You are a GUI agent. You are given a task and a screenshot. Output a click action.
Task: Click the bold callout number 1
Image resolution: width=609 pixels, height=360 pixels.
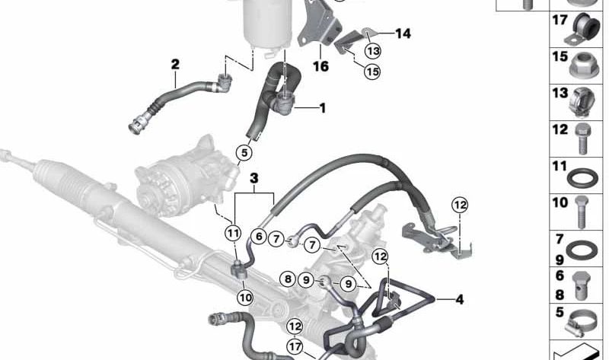coord(322,109)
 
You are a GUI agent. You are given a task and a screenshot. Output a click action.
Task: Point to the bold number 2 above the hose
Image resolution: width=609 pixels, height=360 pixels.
coord(175,65)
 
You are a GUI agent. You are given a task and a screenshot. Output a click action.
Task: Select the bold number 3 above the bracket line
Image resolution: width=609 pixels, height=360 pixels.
coord(254,178)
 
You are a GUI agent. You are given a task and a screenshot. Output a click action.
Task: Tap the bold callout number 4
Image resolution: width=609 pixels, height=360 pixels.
coord(460,299)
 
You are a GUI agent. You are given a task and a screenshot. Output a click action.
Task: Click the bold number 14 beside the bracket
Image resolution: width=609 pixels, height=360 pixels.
coord(403,33)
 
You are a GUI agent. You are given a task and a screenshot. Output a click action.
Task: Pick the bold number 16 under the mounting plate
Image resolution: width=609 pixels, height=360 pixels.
coord(320,66)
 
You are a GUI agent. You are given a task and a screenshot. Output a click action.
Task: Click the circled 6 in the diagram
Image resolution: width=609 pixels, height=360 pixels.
coord(259,237)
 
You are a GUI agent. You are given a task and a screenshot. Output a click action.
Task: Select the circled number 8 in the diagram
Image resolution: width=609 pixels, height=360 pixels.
coord(288,280)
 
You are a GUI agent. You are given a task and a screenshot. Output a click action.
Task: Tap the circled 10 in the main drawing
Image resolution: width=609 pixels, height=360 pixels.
coord(244,297)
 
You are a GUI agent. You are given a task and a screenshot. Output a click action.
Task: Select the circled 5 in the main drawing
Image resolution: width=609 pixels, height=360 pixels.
coord(243,153)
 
